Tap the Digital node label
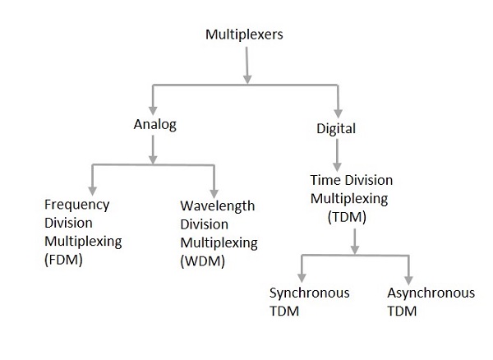pyautogui.click(x=338, y=128)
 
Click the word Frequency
pyautogui.click(x=77, y=204)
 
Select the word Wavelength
pyautogui.click(x=218, y=205)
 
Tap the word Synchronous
pyautogui.click(x=310, y=293)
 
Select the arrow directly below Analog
pyautogui.click(x=154, y=150)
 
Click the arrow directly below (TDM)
pyautogui.click(x=353, y=241)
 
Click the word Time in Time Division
pyautogui.click(x=324, y=181)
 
